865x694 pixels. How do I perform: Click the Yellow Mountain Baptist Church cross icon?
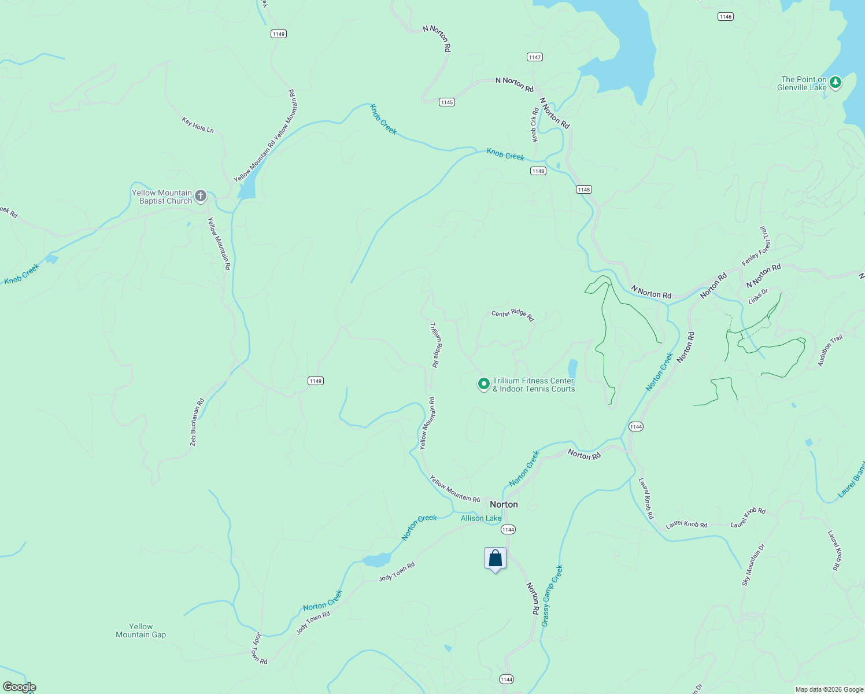(201, 196)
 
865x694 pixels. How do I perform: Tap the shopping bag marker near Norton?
(495, 559)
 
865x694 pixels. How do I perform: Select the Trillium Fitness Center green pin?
(483, 383)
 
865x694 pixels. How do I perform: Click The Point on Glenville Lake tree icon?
(835, 83)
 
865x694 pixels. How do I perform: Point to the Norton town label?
(504, 504)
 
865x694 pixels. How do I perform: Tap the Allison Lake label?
(480, 518)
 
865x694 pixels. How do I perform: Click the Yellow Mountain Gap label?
(141, 630)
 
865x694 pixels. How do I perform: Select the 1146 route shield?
(726, 17)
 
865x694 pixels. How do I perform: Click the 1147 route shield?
(534, 57)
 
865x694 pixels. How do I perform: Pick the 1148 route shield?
(538, 171)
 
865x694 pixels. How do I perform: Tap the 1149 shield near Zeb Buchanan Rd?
(315, 381)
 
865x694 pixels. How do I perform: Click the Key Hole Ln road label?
(198, 125)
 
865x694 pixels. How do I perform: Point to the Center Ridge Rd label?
(512, 315)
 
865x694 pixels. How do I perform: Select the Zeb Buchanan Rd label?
(197, 422)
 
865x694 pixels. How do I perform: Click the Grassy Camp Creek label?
(552, 596)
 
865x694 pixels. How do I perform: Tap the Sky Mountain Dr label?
(753, 564)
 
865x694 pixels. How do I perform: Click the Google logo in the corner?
(19, 687)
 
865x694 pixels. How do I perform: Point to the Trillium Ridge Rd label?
(435, 345)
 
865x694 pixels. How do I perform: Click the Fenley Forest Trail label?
(757, 246)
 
